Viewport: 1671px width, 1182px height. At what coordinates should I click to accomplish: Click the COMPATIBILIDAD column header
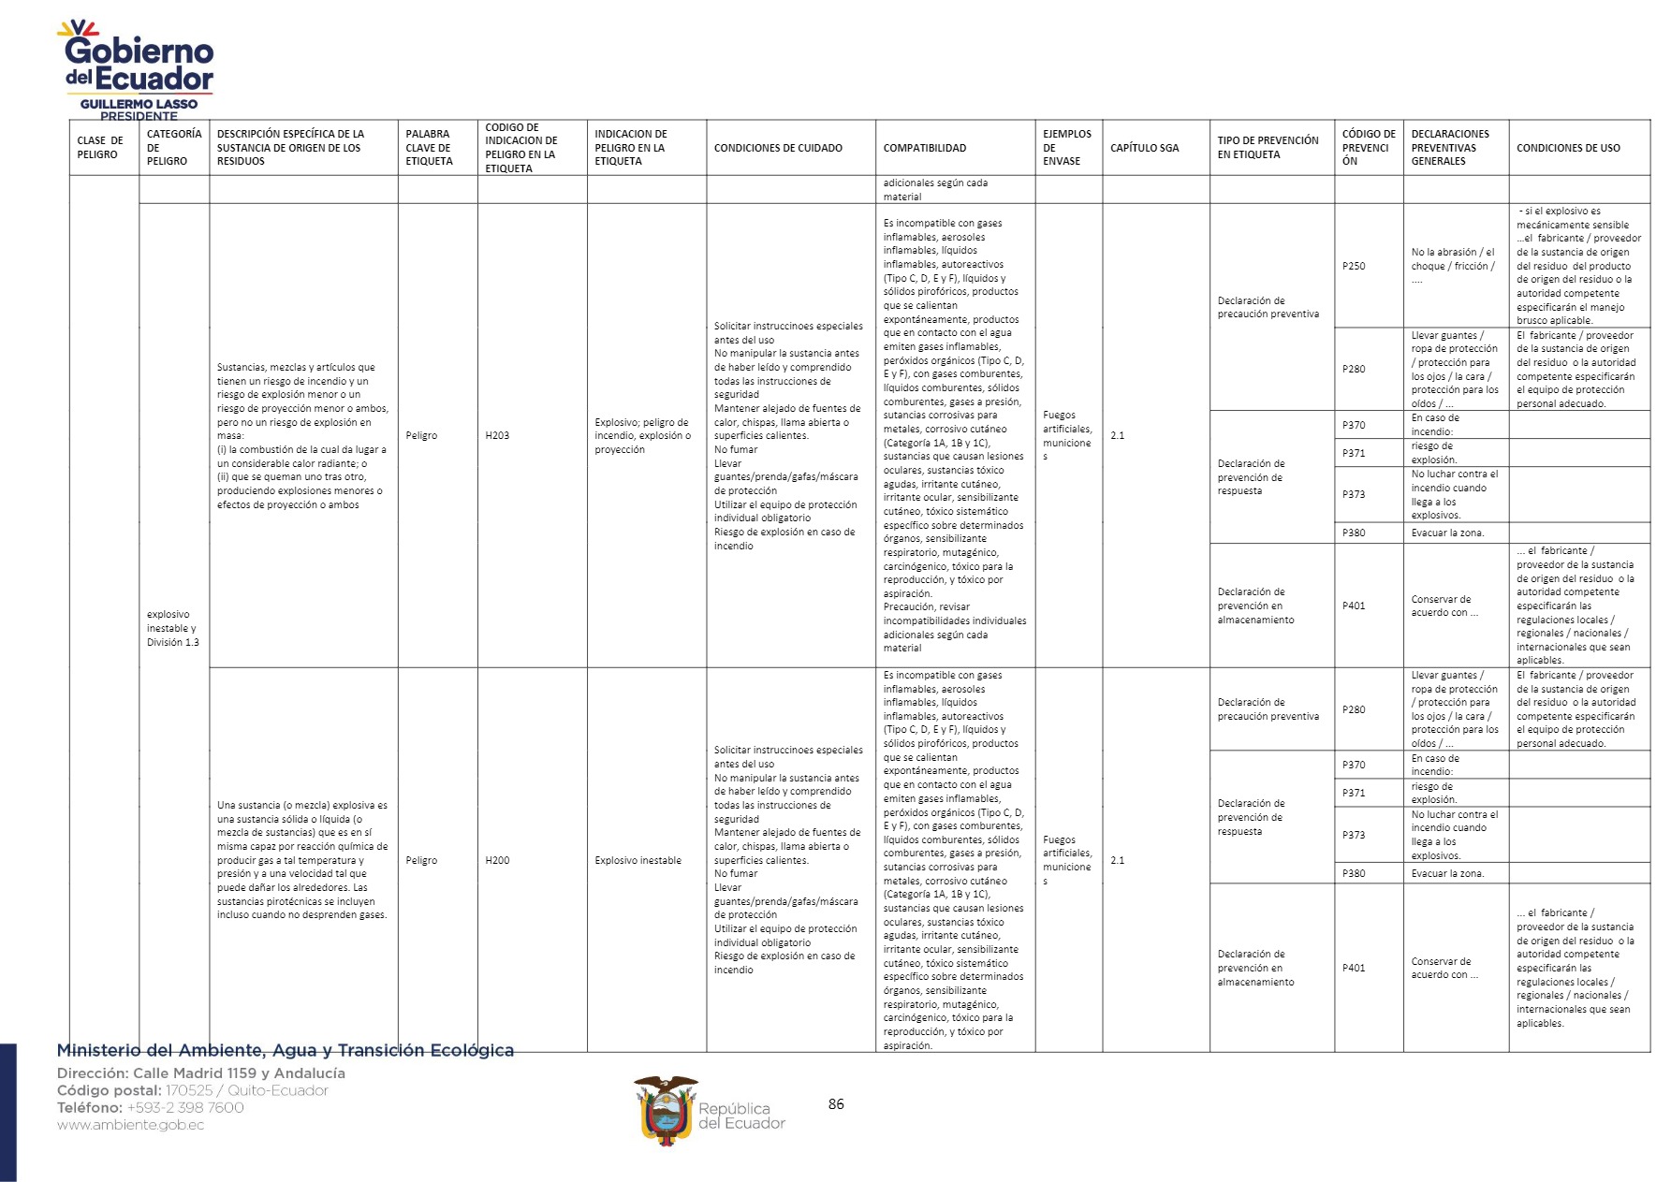coord(925,148)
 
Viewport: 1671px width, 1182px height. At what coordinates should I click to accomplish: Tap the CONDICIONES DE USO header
coord(1568,148)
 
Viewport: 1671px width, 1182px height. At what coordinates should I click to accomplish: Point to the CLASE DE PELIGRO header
coord(100,148)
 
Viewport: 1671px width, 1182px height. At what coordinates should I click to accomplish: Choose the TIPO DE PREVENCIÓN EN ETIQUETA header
coord(1268,148)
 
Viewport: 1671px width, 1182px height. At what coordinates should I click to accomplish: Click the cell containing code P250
coord(1354,266)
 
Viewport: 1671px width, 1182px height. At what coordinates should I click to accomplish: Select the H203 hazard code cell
coord(498,435)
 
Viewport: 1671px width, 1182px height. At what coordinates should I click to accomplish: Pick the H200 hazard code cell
coord(498,860)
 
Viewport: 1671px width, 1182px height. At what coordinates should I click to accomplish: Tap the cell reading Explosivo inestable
coord(638,860)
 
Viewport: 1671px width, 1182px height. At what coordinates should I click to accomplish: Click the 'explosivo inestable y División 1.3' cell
coord(173,628)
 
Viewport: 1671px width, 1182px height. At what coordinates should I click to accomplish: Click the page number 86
coord(836,1104)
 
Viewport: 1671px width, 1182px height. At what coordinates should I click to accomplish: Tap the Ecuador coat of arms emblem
coord(666,1111)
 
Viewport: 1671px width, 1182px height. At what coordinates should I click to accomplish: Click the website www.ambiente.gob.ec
coord(130,1125)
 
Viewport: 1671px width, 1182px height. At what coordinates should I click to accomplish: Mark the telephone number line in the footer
coord(150,1108)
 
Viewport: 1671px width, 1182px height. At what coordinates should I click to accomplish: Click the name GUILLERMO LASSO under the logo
coord(139,104)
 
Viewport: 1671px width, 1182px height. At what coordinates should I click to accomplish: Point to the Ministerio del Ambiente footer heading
coord(286,1051)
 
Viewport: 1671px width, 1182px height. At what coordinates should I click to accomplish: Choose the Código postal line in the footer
coord(193,1090)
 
